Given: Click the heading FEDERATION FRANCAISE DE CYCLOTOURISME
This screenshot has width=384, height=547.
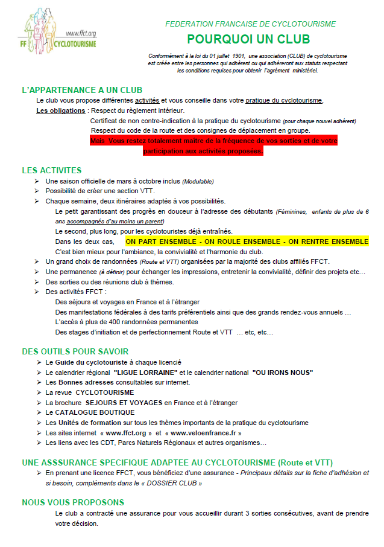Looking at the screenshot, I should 251,24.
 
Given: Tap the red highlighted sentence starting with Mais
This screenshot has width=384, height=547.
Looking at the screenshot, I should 213,146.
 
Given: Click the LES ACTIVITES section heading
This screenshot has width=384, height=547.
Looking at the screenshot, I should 52,170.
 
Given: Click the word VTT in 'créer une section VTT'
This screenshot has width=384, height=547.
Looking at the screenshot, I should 135,191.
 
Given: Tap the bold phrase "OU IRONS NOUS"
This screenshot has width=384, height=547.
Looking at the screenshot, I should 283,372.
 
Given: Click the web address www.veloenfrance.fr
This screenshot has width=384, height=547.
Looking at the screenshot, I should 206,432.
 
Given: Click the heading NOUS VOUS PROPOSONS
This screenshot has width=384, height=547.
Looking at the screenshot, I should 73,502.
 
